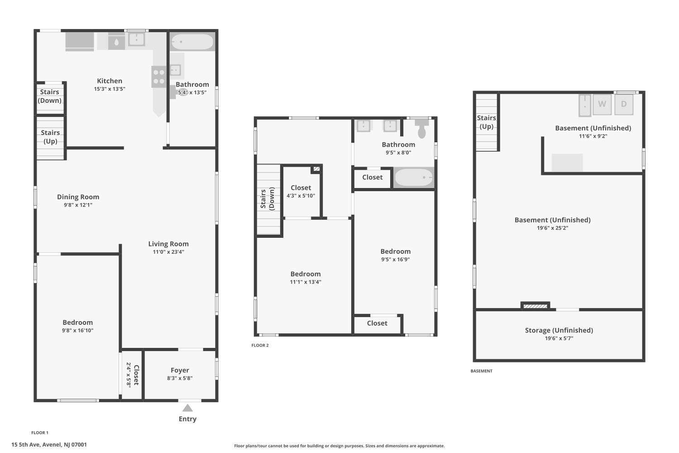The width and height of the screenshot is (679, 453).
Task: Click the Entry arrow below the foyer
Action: (x=187, y=408)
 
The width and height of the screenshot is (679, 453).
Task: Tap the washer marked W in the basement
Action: (x=602, y=104)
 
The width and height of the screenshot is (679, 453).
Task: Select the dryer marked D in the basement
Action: (x=624, y=104)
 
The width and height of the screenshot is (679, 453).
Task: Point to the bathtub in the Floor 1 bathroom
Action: (x=192, y=42)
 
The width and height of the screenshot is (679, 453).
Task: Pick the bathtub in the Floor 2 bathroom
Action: (x=414, y=178)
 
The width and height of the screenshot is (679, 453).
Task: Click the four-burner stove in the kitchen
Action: (x=159, y=77)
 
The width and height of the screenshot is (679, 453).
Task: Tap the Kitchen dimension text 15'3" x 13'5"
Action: (x=110, y=89)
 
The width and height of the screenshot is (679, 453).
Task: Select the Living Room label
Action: (x=168, y=244)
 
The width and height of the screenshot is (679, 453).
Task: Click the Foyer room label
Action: (x=180, y=370)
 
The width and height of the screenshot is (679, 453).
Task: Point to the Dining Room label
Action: (x=78, y=197)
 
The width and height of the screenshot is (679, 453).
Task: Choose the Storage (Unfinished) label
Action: (x=559, y=330)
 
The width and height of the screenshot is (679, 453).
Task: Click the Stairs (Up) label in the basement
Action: (x=487, y=122)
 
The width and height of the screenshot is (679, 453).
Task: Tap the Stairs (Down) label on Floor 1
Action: (x=49, y=96)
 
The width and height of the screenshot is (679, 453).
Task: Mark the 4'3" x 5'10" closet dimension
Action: (x=301, y=196)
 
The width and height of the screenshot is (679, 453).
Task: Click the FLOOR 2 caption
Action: (x=260, y=345)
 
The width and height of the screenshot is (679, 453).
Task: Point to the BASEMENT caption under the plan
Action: (x=481, y=371)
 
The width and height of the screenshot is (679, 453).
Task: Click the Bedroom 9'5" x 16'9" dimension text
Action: (x=395, y=260)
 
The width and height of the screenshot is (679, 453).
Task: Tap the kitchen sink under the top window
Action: (x=136, y=39)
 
